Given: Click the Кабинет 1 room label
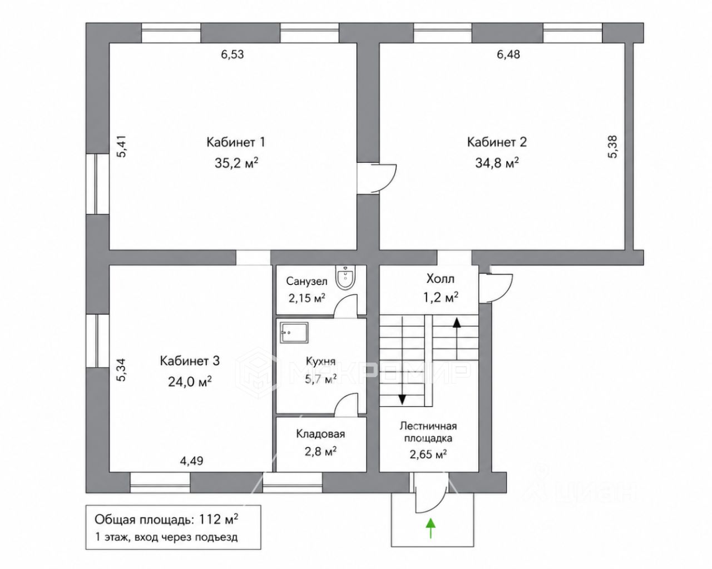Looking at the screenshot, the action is tap(235, 142).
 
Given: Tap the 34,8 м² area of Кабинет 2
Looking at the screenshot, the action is tap(497, 163).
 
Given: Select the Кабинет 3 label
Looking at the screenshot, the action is tap(190, 361).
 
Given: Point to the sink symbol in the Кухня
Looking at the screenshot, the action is tap(294, 333).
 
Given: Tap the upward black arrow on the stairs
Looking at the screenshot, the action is tap(457, 338).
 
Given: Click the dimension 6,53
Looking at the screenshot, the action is tap(233, 54).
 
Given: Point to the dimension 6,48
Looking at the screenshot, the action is tap(508, 54).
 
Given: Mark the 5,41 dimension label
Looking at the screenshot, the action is tap(121, 147).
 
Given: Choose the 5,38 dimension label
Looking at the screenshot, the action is tap(612, 147).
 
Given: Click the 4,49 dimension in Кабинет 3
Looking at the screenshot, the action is tap(191, 461).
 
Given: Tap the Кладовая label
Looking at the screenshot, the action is tap(320, 433).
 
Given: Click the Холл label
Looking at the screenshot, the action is tap(441, 279).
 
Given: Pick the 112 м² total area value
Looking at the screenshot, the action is tap(219, 519).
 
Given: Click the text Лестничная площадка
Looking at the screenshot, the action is tap(428, 432).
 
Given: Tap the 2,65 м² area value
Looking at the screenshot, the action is tap(428, 455).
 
